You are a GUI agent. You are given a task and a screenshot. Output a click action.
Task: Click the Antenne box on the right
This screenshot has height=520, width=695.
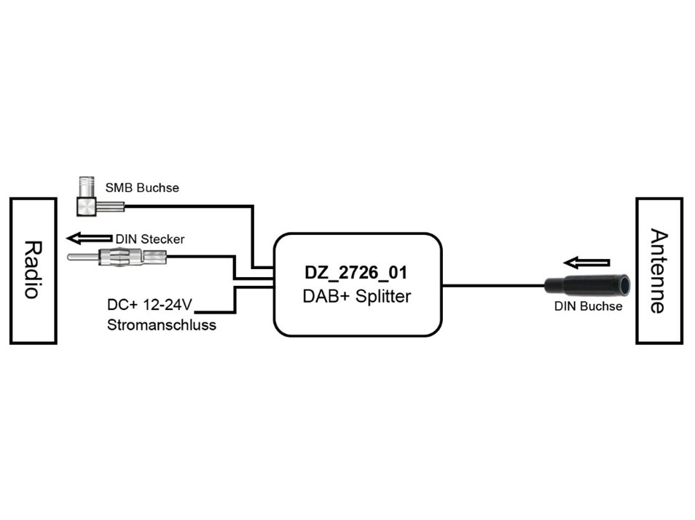click(659, 271)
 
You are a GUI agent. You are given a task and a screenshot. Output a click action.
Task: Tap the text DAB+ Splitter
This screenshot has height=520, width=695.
click(357, 297)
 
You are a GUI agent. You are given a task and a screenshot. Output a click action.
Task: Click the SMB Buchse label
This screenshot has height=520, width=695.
click(142, 188)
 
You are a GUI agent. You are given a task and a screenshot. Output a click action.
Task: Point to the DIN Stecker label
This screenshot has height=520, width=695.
click(150, 238)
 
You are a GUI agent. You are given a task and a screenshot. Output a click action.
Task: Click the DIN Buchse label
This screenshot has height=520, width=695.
click(589, 306)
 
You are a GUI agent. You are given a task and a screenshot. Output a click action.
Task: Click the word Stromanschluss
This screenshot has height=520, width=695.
click(162, 325)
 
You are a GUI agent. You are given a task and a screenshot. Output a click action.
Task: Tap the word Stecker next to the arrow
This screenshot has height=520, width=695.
click(162, 238)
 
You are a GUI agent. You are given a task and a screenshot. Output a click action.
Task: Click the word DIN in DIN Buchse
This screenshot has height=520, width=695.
click(565, 306)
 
